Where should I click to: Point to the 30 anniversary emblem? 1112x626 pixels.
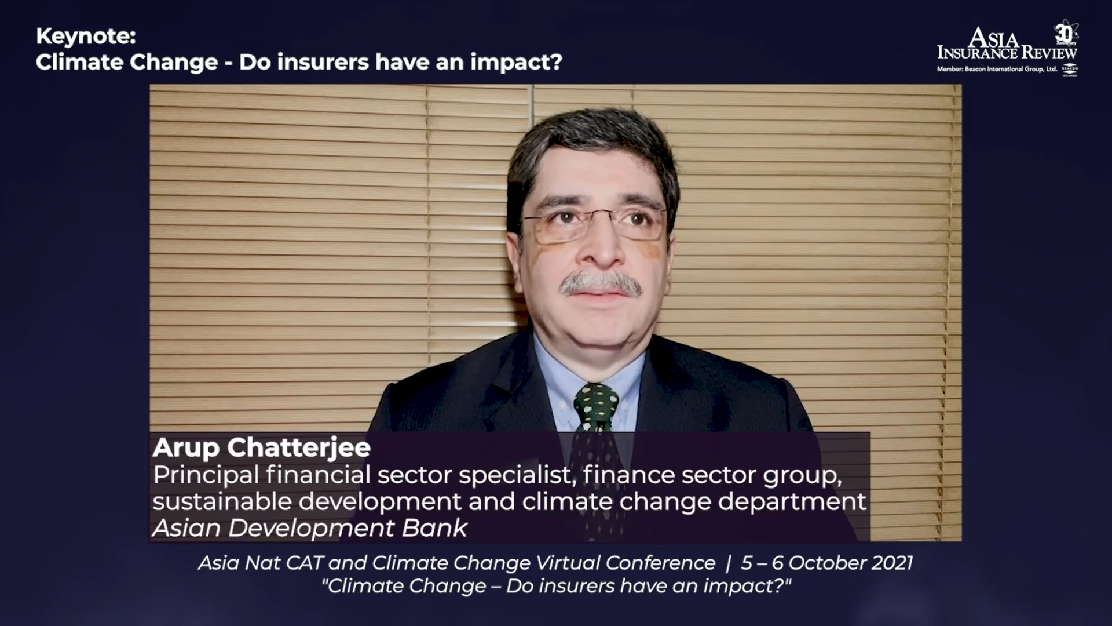[x=1065, y=34]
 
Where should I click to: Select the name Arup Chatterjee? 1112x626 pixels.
[x=261, y=447]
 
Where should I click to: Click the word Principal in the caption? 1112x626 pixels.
[x=206, y=475]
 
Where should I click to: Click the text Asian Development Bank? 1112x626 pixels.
[x=310, y=528]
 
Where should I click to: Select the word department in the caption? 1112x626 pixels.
[x=792, y=502]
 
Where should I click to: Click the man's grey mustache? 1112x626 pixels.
[x=600, y=283]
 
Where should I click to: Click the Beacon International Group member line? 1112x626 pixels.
[x=997, y=69]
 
